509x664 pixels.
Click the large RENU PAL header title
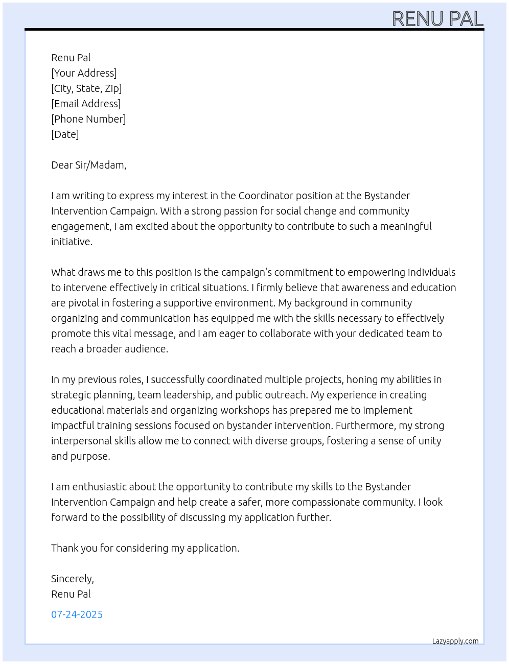point(437,19)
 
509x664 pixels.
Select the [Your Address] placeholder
point(84,73)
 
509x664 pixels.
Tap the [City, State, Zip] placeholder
point(86,88)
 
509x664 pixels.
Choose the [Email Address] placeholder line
point(86,104)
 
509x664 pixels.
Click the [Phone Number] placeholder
point(88,119)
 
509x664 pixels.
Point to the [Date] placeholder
point(65,134)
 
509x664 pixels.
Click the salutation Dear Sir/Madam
point(88,165)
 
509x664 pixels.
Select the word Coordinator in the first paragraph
point(265,196)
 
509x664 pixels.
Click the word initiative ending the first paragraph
point(72,242)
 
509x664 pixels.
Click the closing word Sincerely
point(72,579)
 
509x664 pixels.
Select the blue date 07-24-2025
point(77,614)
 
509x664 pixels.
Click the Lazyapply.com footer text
point(455,641)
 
